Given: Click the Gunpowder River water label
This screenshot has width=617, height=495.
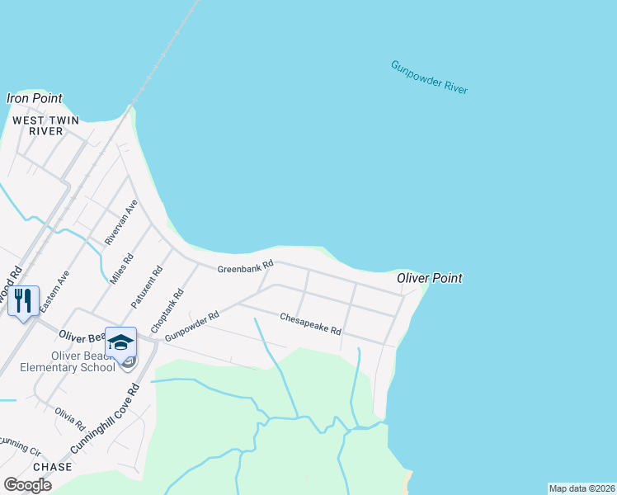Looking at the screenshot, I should [429, 77].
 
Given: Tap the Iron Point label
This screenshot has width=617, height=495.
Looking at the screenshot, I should [35, 98].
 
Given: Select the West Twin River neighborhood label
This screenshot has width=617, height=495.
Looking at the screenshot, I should [45, 125].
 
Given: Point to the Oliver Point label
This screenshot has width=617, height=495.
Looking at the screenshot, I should [429, 278].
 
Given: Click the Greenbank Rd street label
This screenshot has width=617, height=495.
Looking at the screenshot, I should [244, 269].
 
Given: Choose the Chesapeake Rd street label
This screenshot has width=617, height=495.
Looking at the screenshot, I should [310, 323].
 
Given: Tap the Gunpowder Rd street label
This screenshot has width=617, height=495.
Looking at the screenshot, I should [191, 328].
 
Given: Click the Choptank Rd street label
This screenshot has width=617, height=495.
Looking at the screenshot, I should [167, 311].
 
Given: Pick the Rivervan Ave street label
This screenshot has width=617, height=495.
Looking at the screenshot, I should [120, 223].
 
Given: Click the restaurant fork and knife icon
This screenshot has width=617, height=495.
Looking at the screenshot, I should [23, 300].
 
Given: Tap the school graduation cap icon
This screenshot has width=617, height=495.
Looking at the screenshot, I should [120, 343].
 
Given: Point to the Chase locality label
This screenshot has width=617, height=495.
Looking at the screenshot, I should [53, 467].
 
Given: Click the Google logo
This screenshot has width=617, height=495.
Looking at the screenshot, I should [28, 485].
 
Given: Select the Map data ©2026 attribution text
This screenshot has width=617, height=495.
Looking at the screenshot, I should [582, 488].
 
